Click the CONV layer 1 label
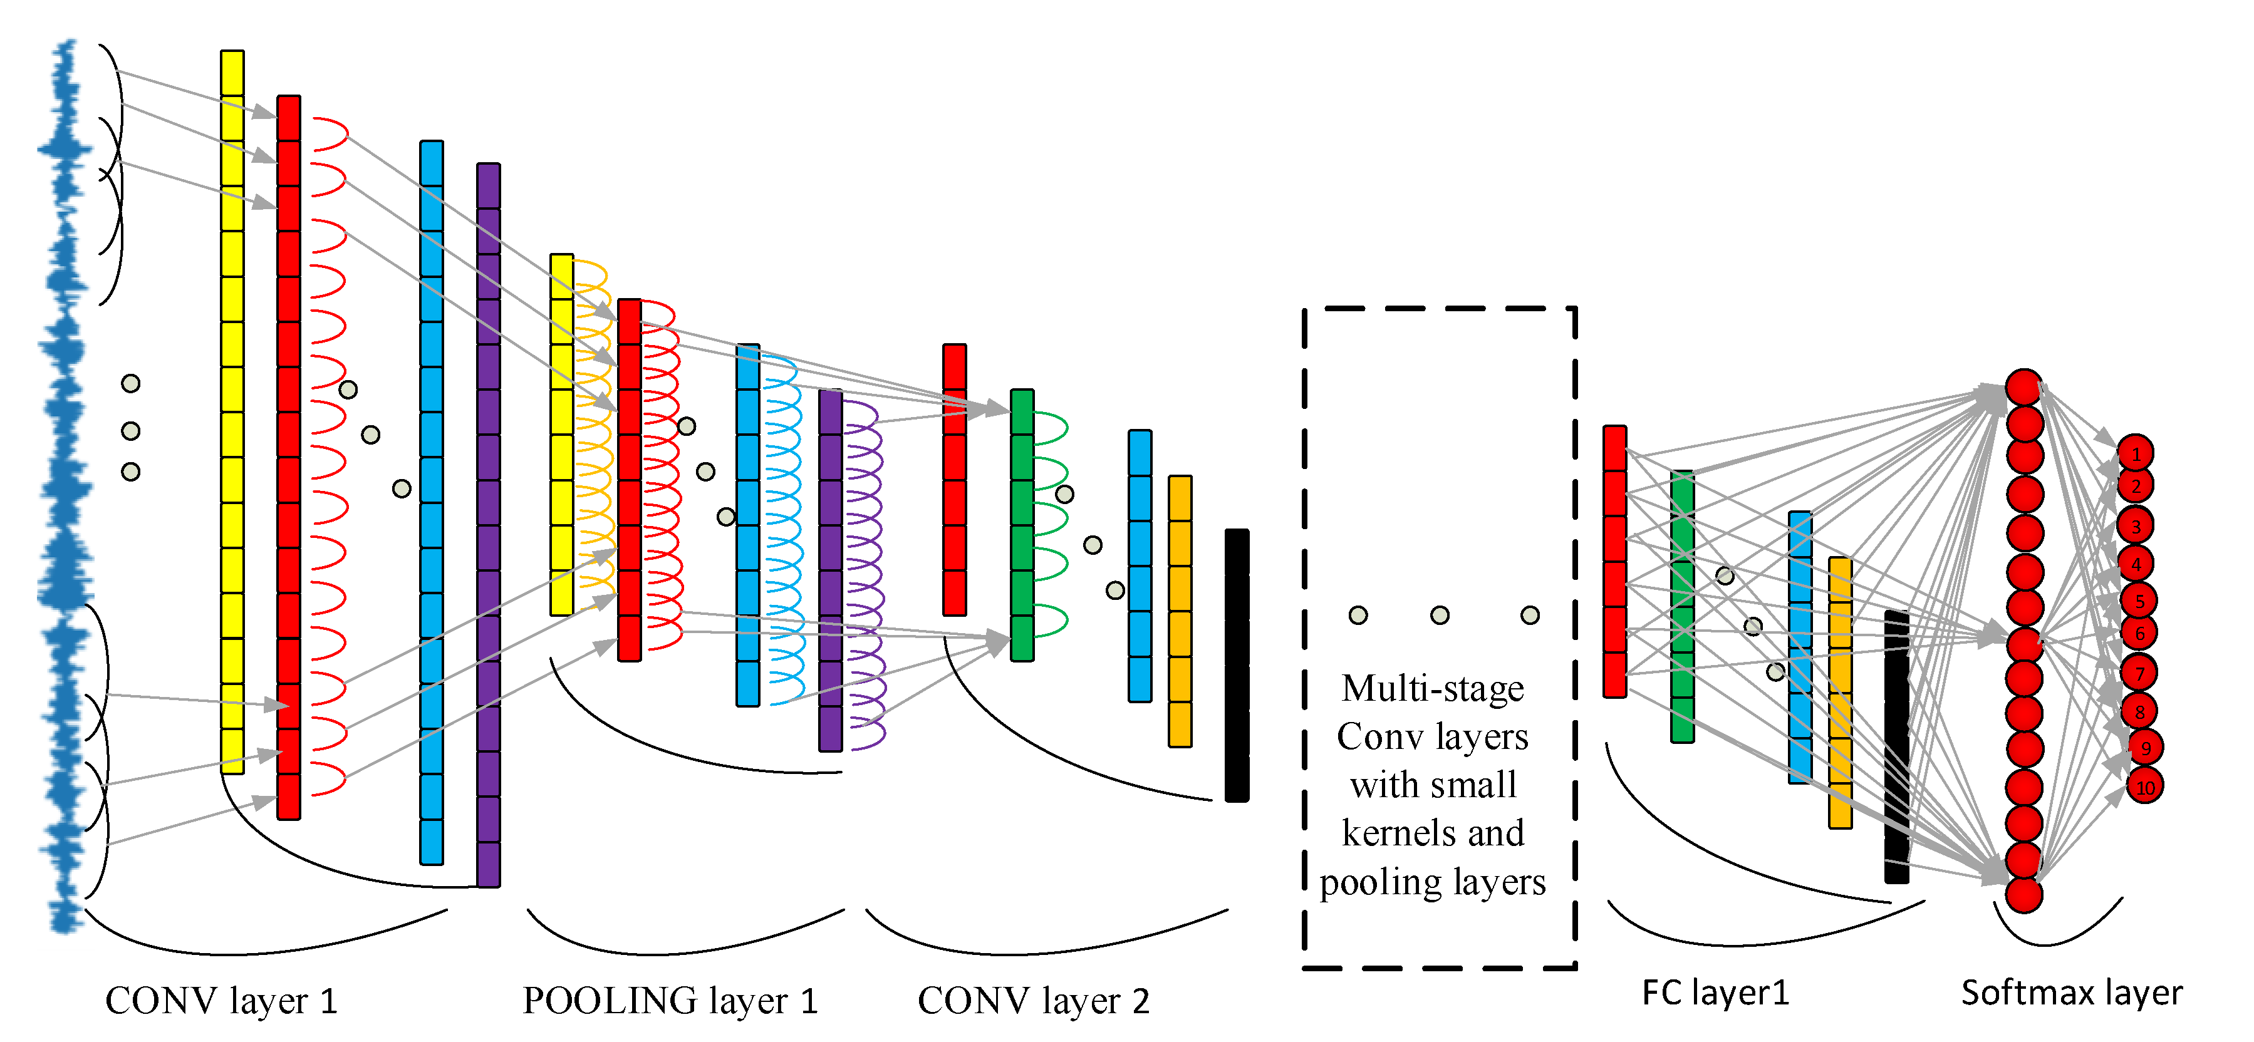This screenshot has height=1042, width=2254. coord(221,1001)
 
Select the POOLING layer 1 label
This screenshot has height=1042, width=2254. coord(670,1001)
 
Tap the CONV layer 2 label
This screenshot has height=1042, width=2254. coord(1034,1001)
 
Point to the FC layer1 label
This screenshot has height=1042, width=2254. coord(1715,993)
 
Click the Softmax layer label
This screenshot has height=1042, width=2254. coord(2071,993)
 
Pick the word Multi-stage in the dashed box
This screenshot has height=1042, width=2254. coord(1432,689)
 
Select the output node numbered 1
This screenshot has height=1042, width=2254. coord(2135,453)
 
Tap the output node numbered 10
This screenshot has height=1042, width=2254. coord(2144,787)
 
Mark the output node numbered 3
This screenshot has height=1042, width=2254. coord(2135,526)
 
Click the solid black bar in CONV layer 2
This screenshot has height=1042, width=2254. coord(1237,665)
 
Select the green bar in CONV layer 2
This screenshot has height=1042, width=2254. coord(1022,525)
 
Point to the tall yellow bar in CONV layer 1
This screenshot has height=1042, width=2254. coord(232,411)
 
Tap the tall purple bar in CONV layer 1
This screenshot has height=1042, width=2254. coord(488,525)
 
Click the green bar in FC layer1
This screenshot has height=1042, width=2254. coord(1682,606)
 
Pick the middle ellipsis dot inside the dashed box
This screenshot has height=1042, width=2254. coord(1440,615)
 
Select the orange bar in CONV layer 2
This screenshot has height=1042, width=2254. coord(1180,611)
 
